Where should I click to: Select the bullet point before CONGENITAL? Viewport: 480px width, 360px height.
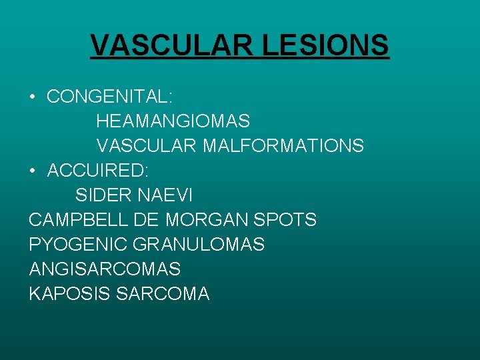click(33, 97)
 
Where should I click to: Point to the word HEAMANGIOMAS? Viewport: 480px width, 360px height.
click(173, 121)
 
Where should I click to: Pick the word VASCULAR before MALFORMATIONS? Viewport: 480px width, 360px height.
click(146, 145)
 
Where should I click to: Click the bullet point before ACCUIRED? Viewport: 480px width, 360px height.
click(33, 171)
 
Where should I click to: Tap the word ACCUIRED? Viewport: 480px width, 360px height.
click(98, 171)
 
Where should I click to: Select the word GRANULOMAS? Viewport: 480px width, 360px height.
click(199, 245)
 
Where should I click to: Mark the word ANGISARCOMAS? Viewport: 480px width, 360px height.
click(105, 269)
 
